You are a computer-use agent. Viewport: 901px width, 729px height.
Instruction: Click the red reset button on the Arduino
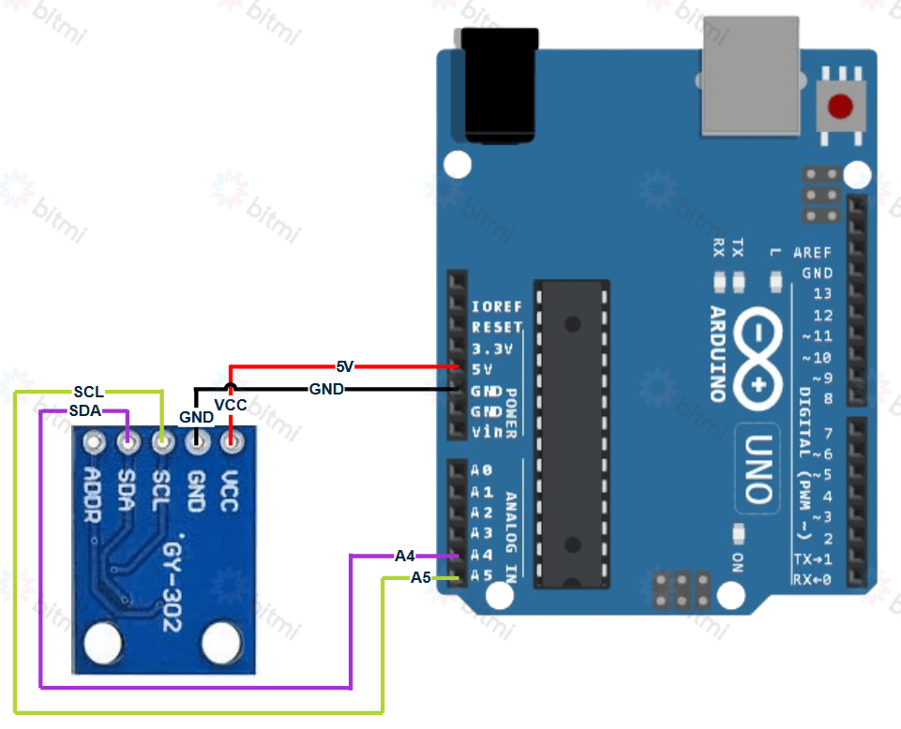click(x=840, y=107)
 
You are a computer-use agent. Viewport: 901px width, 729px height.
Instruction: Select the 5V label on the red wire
click(x=345, y=366)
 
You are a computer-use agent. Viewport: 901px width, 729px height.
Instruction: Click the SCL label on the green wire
click(x=89, y=391)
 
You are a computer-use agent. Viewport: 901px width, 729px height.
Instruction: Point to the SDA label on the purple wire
click(x=85, y=410)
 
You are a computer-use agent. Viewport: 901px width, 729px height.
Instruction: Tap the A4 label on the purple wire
click(x=405, y=556)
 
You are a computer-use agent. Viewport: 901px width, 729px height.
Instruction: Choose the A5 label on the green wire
click(x=421, y=578)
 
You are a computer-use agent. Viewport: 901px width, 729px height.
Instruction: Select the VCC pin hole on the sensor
click(x=231, y=440)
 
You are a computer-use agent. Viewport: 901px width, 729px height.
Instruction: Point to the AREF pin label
click(x=812, y=253)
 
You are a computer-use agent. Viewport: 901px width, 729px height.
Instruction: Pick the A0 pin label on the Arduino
click(x=481, y=470)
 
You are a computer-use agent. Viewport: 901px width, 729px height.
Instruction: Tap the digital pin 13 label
click(x=822, y=294)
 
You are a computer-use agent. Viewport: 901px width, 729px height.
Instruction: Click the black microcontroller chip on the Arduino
click(x=571, y=432)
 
